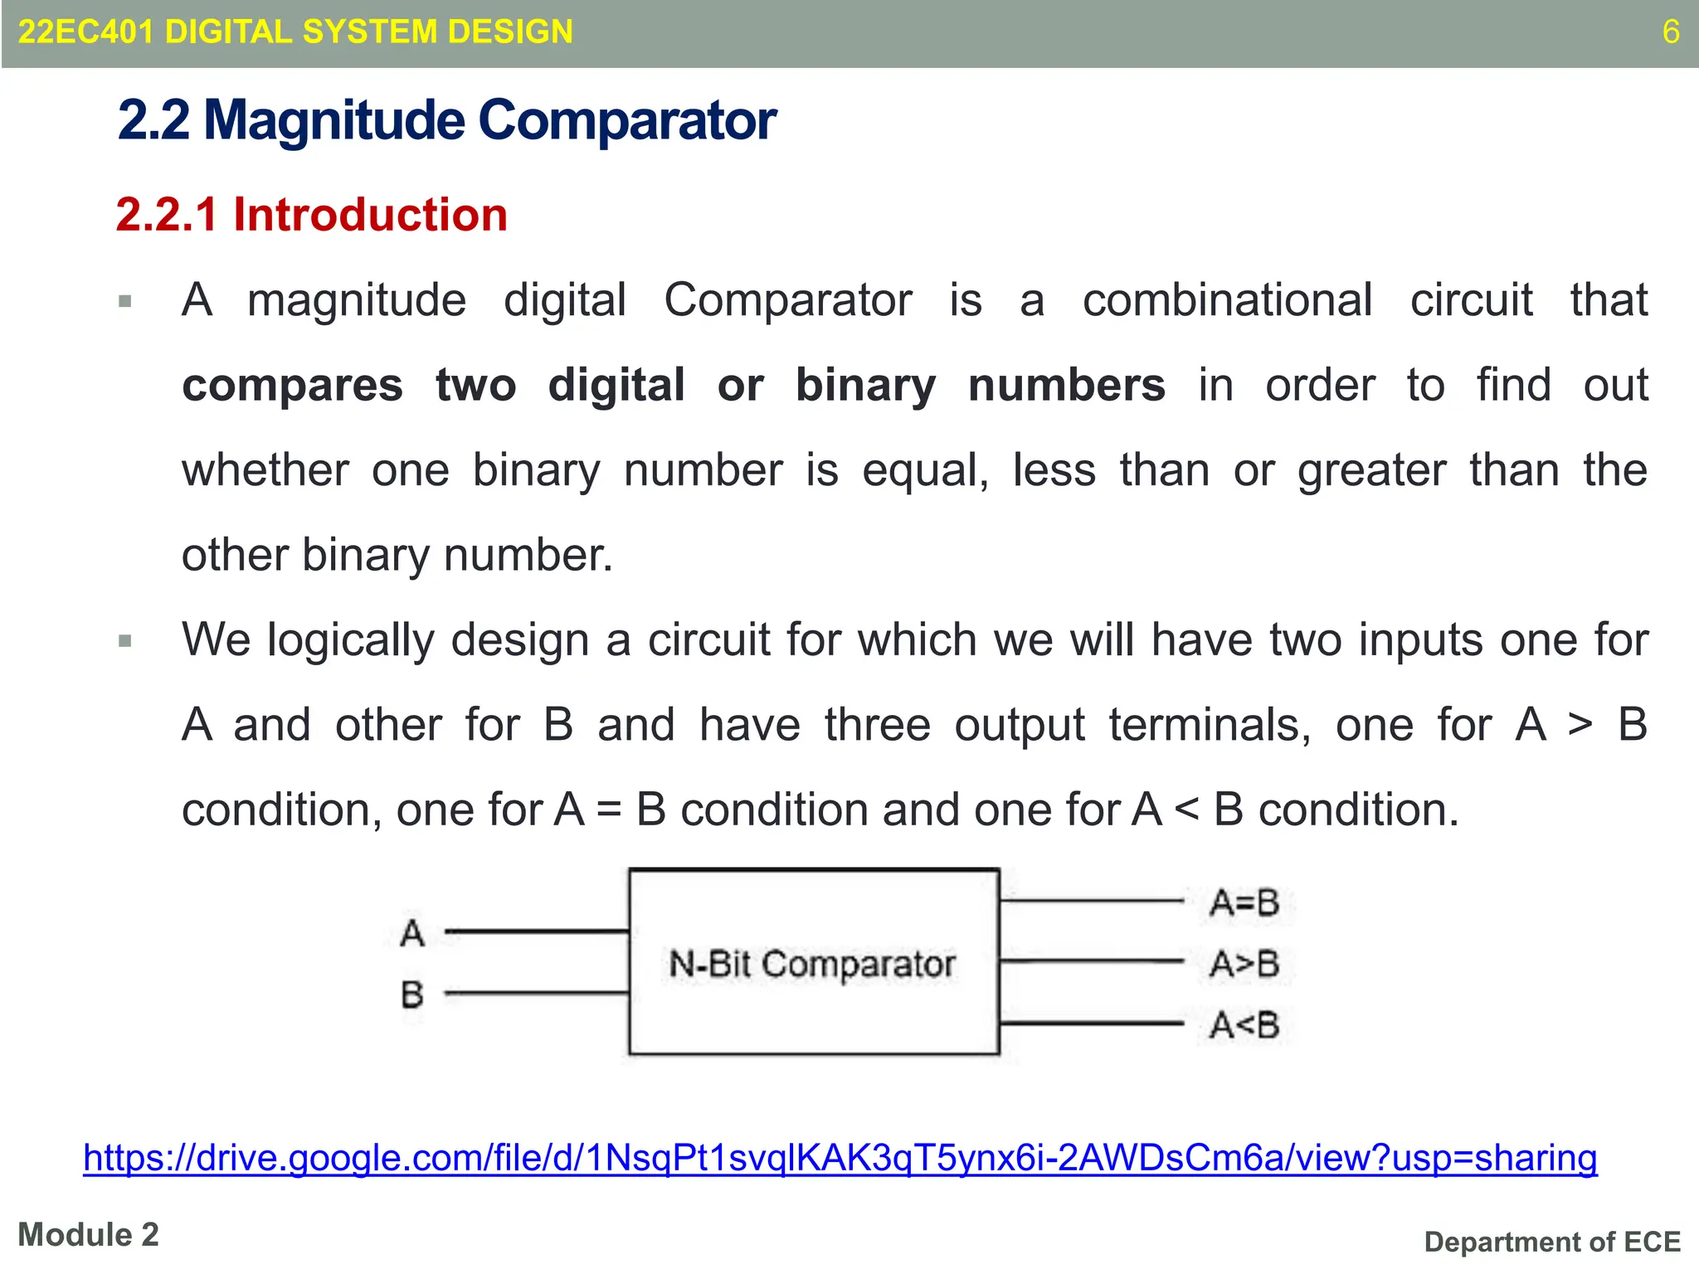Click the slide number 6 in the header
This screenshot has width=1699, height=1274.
[1671, 32]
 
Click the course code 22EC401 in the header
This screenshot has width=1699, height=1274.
[85, 32]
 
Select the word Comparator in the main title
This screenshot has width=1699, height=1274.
[627, 121]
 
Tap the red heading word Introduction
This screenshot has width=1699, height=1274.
[370, 215]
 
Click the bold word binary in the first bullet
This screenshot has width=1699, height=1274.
[865, 386]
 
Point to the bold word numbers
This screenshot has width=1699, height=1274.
[1067, 386]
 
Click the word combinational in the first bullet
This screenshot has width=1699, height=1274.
[1227, 300]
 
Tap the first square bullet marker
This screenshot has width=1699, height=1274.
[125, 301]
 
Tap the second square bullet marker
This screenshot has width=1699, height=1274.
[125, 641]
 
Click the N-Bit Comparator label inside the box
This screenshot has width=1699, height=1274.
[812, 964]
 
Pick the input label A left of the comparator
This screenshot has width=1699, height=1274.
[412, 933]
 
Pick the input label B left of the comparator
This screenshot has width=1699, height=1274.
[412, 994]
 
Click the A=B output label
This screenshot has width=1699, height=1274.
[1244, 902]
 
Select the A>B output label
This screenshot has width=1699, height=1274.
[1244, 964]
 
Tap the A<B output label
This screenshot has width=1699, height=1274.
[1244, 1025]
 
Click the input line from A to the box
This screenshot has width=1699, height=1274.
[537, 932]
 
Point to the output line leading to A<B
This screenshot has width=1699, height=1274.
[1091, 1024]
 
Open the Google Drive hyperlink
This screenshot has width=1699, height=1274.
[840, 1158]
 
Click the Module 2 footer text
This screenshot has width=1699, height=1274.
[88, 1235]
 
